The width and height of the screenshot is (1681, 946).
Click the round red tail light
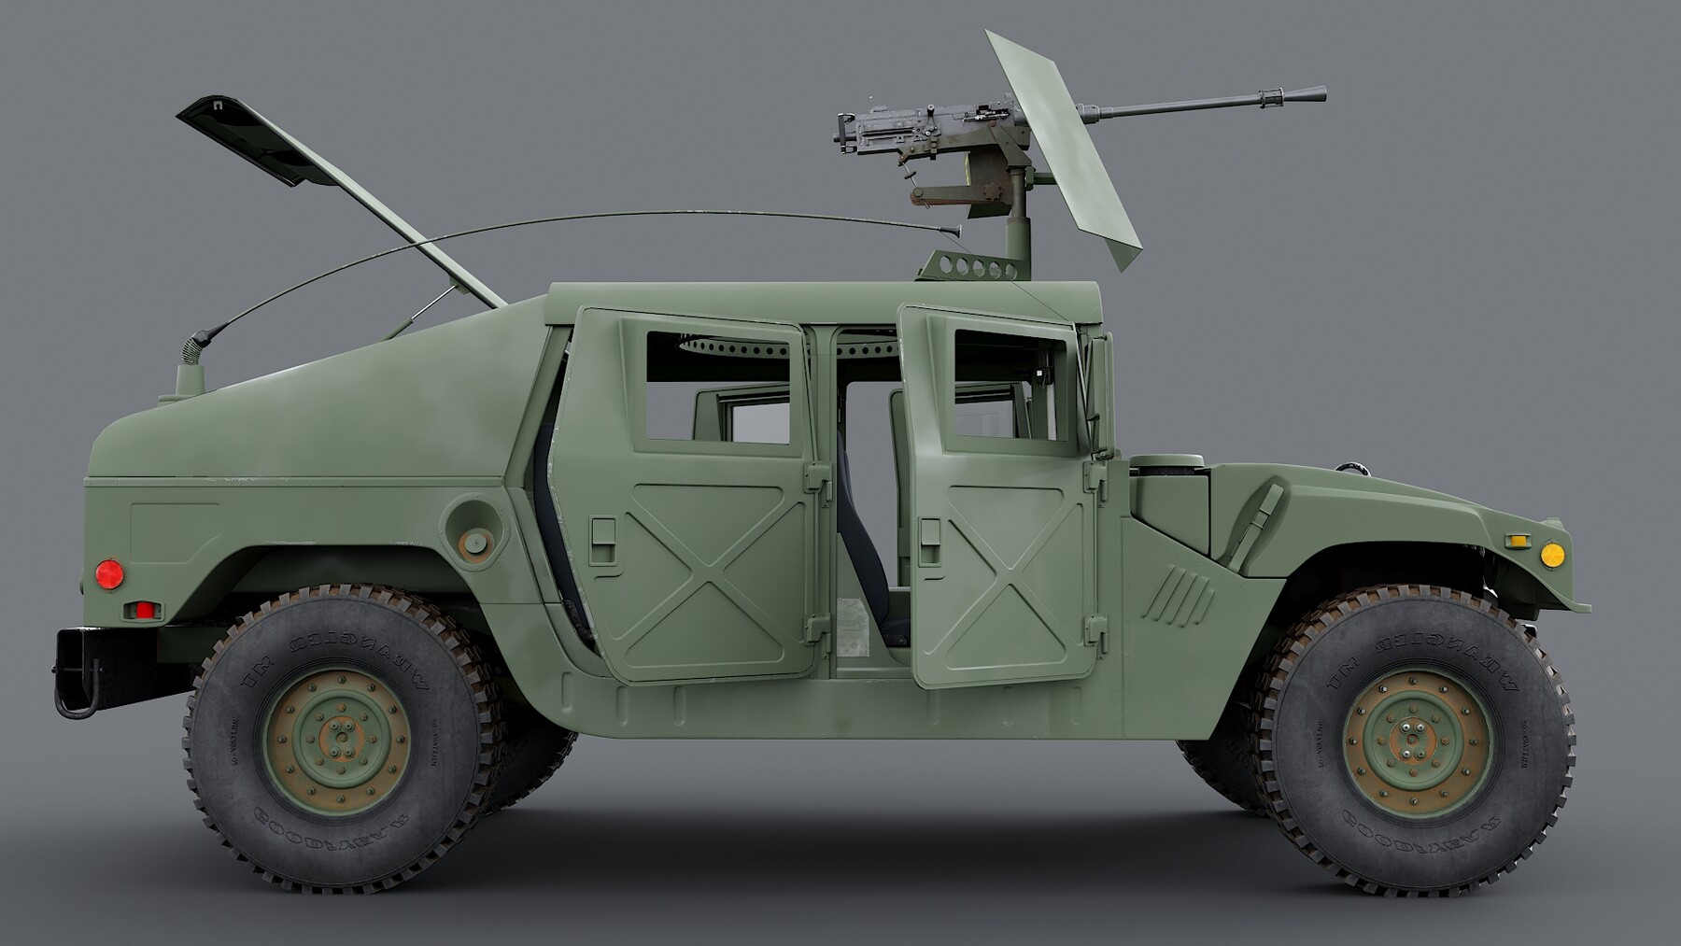click(x=109, y=574)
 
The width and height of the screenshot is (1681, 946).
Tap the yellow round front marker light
click(x=1551, y=555)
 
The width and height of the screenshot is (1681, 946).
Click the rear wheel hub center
click(x=337, y=742)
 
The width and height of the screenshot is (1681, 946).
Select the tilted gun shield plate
click(x=1065, y=149)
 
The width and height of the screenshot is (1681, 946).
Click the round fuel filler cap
click(x=474, y=540)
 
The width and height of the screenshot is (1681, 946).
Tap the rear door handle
click(x=603, y=541)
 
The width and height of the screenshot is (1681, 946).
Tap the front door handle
click(x=929, y=542)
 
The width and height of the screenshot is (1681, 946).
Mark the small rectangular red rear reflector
click(x=145, y=611)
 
